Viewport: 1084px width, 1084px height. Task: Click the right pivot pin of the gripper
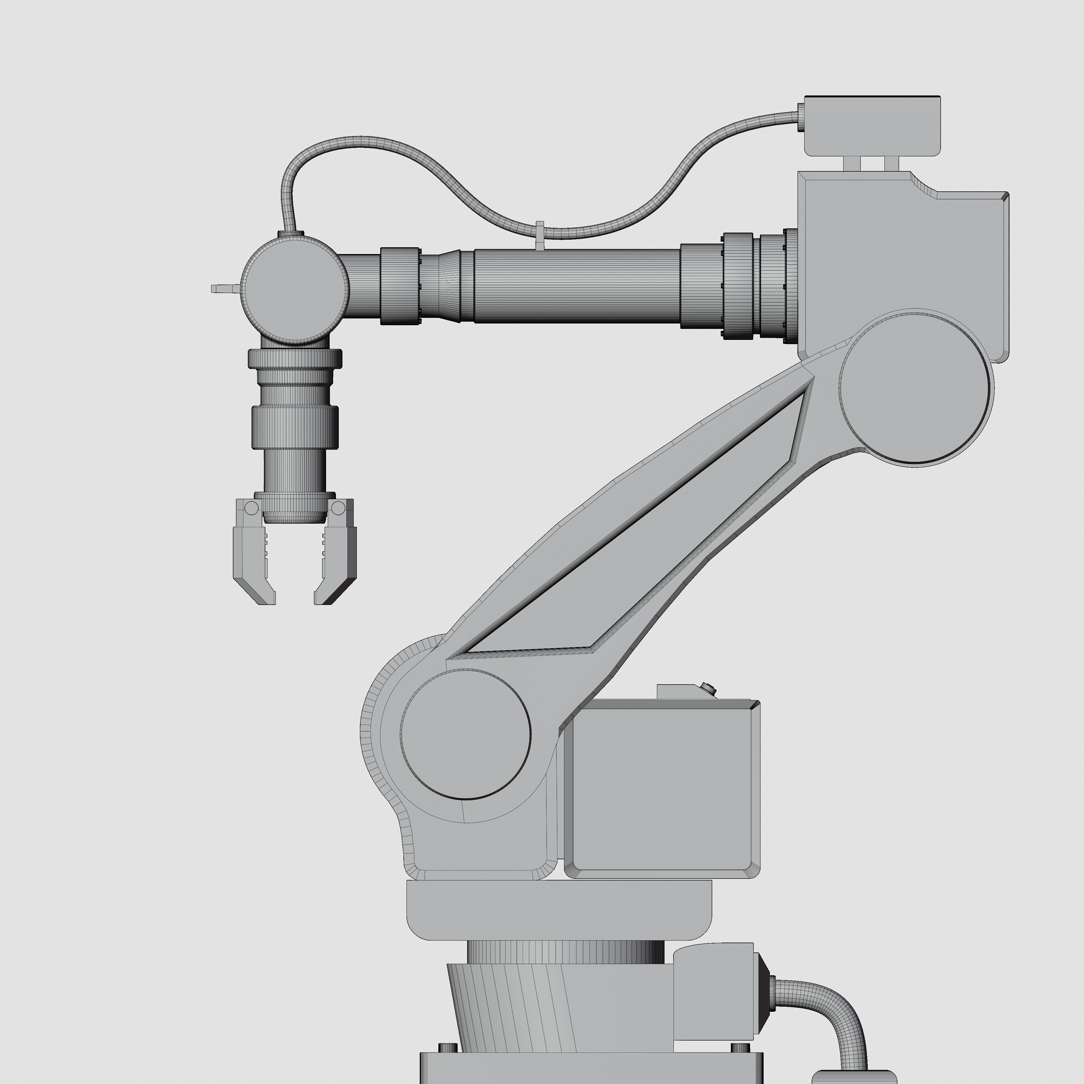[338, 508]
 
